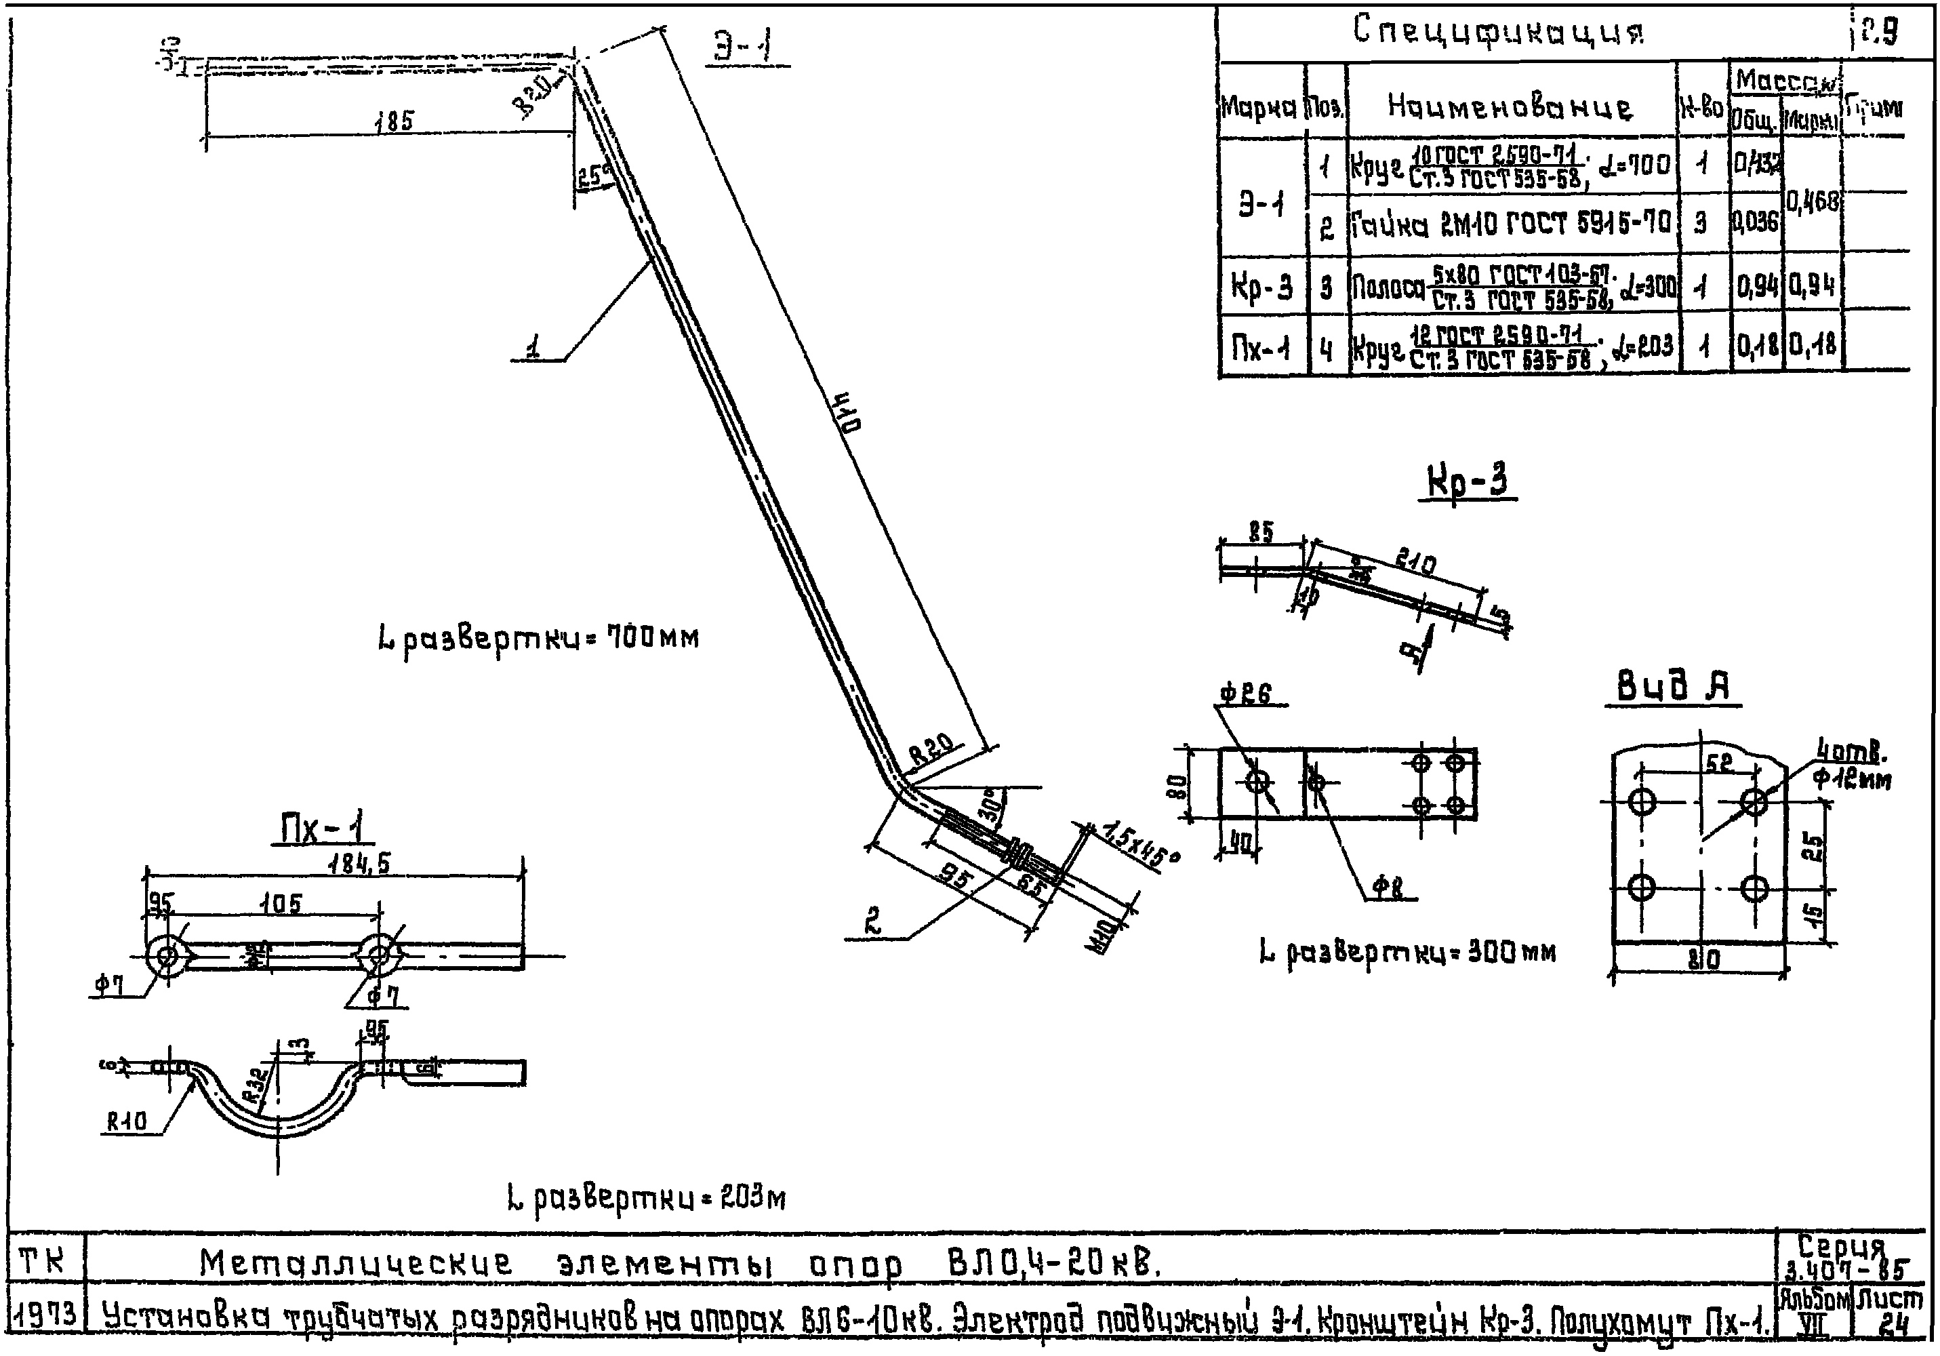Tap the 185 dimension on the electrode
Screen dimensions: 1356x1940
pyautogui.click(x=395, y=121)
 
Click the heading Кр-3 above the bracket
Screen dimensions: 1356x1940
pyautogui.click(x=1468, y=483)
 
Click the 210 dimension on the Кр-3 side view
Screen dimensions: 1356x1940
pyautogui.click(x=1415, y=561)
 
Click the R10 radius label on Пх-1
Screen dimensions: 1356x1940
pyautogui.click(x=127, y=1122)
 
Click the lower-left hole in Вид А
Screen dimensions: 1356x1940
pyautogui.click(x=1641, y=888)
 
